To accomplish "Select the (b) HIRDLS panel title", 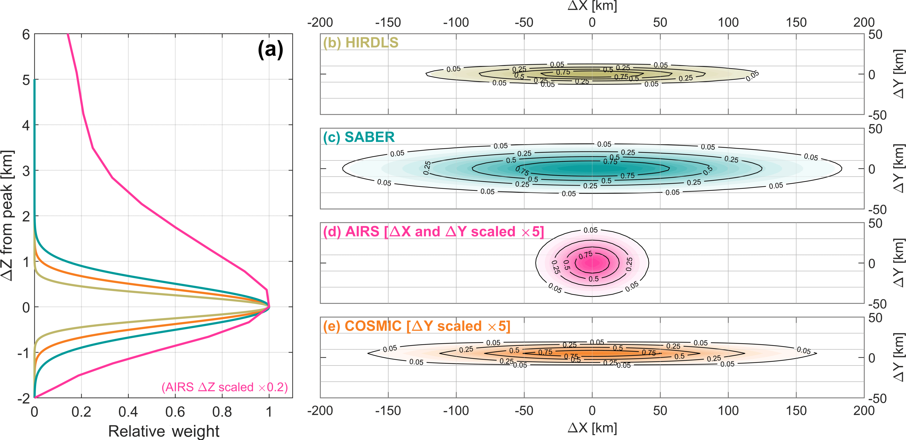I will [x=361, y=43].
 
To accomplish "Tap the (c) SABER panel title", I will [x=359, y=137].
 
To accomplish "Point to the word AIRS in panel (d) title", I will [x=362, y=232].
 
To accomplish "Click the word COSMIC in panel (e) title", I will [x=373, y=326].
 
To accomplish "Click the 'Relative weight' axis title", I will [x=164, y=431].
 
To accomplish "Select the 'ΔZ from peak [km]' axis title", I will [x=7, y=215].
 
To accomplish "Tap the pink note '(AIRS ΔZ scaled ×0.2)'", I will [x=224, y=387].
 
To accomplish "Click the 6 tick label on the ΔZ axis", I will [x=26, y=35].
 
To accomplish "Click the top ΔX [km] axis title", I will [x=592, y=6].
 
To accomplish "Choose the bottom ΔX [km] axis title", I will [x=592, y=428].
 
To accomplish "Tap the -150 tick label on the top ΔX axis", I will [x=388, y=22].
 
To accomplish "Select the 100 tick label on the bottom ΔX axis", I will [x=728, y=411].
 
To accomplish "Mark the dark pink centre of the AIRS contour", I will [x=592, y=262].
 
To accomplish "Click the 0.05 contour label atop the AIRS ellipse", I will [x=591, y=230].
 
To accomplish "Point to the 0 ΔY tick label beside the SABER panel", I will [x=872, y=169].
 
